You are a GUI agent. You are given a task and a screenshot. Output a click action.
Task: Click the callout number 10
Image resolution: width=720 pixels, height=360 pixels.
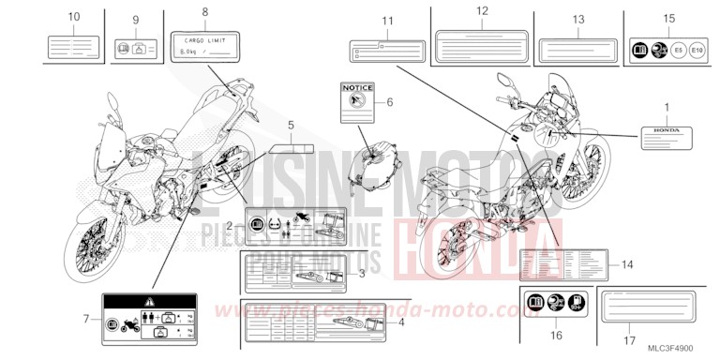74,17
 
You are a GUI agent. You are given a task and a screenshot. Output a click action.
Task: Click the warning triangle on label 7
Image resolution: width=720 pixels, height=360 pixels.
144,303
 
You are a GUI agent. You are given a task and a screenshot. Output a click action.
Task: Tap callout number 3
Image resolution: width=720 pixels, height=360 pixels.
362,274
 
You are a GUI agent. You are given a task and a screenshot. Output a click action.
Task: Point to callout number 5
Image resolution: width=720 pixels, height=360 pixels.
291,125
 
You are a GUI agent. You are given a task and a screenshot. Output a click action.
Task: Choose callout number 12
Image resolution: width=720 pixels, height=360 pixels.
483,11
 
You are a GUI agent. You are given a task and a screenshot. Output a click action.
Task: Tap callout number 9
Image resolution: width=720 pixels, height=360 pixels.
135,21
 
